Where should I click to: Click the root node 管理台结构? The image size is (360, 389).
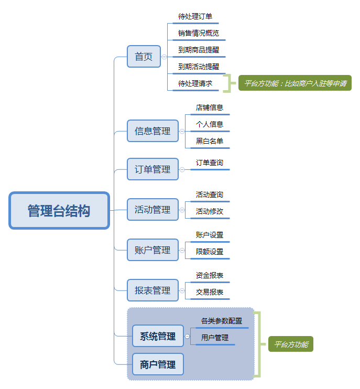59,211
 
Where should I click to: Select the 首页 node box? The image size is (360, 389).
144,57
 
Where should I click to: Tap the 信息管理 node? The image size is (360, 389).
152,131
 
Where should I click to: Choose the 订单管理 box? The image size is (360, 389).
152,169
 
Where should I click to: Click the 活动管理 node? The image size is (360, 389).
152,210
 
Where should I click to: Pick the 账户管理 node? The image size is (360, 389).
152,250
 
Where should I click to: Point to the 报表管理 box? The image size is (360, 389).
152,290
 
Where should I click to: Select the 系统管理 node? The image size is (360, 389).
158,337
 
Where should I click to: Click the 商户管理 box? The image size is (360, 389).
158,364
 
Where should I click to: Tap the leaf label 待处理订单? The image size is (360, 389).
195,16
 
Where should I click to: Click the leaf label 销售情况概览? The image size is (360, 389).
198,34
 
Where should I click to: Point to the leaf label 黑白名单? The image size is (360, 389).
210,141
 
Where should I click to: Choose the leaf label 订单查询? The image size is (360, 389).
210,163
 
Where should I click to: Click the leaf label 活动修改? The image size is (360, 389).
210,212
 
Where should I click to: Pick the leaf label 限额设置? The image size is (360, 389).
210,252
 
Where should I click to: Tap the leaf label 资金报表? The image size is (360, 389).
210,275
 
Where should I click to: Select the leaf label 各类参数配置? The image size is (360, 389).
222,321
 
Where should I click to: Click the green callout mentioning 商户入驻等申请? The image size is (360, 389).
295,83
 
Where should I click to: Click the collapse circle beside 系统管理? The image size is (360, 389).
188,337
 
